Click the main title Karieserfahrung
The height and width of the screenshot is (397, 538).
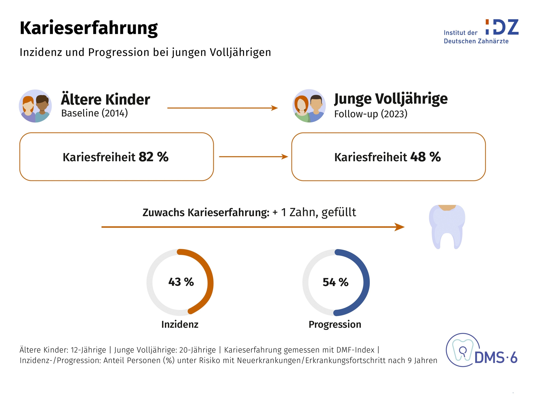(89, 29)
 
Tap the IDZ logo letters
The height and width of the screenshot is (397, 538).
(502, 27)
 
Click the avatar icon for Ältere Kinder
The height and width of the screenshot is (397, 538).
(35, 106)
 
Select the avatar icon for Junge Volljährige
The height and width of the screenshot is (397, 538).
(309, 106)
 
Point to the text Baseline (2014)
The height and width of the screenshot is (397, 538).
(95, 113)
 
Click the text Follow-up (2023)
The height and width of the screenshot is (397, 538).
(371, 114)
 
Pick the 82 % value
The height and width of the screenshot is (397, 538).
(153, 157)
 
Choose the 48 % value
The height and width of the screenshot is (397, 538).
(426, 157)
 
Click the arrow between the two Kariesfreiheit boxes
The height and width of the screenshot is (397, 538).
(253, 156)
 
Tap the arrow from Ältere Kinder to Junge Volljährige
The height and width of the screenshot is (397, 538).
(223, 108)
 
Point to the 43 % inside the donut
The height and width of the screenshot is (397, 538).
(181, 282)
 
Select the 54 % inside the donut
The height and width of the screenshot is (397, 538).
(336, 282)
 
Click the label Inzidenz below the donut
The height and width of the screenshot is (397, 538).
(180, 324)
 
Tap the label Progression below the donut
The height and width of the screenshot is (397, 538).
(335, 324)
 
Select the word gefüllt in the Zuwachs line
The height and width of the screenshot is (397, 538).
(339, 213)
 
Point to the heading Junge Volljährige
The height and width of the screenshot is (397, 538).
(391, 99)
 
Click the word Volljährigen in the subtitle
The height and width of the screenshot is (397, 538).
(240, 52)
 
